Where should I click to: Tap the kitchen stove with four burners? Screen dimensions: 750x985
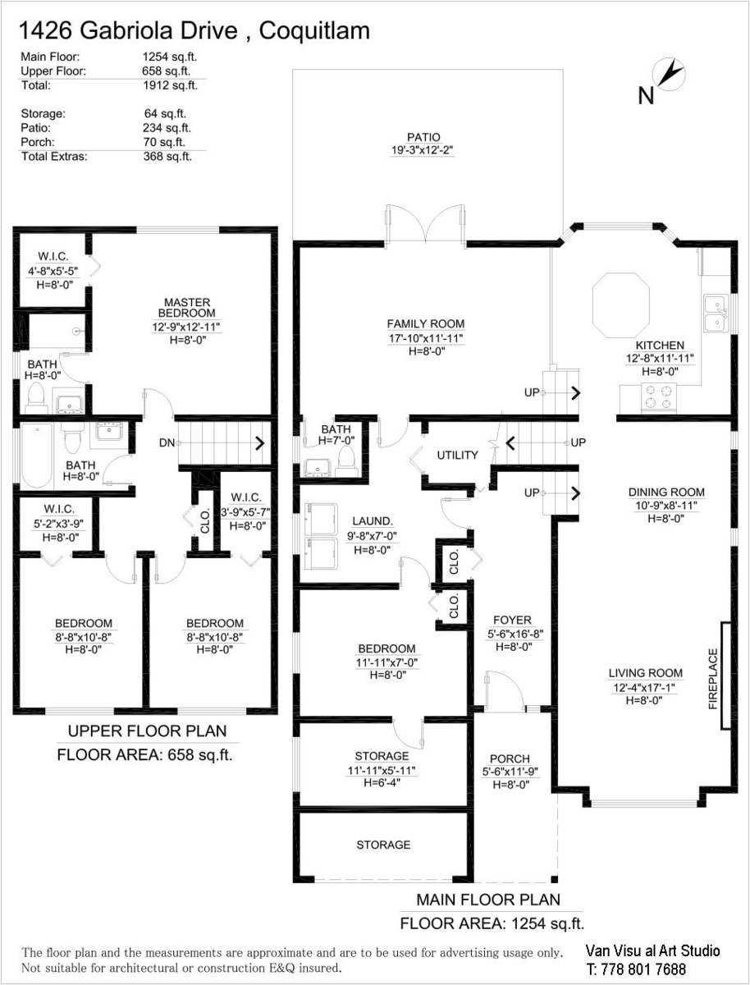(x=658, y=396)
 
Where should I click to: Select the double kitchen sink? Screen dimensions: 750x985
(x=717, y=313)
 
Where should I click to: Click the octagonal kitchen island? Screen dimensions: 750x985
(x=621, y=305)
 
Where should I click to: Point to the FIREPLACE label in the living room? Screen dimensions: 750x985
(x=713, y=679)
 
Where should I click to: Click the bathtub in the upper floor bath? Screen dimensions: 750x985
(x=37, y=456)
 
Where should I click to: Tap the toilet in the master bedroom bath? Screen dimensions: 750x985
(x=36, y=398)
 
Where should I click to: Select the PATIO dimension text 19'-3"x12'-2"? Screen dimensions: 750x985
(x=423, y=150)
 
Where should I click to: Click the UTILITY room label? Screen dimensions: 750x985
(x=458, y=455)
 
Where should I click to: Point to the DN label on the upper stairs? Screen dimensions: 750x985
(x=167, y=443)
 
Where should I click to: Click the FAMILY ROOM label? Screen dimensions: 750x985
(x=426, y=323)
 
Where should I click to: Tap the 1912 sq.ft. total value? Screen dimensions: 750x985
(x=171, y=85)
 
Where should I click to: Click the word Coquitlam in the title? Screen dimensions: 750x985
(x=314, y=31)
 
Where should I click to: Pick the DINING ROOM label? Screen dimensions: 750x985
(x=666, y=492)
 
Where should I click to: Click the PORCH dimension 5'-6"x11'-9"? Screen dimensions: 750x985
(x=510, y=772)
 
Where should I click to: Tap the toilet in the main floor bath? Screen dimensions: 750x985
(x=345, y=460)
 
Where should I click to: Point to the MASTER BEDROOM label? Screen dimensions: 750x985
(x=186, y=308)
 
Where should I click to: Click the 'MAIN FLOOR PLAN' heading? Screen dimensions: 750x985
(x=488, y=900)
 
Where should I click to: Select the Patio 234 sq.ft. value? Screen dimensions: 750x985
(x=167, y=128)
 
